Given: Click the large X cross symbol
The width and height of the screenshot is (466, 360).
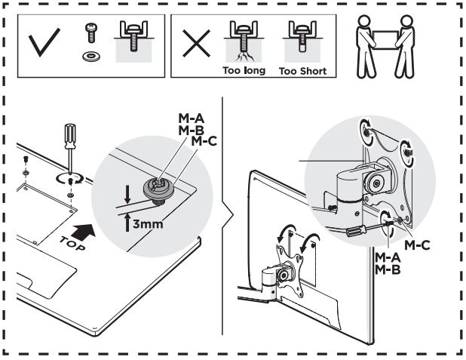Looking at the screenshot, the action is tap(197, 43).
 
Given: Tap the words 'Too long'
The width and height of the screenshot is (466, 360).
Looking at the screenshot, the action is tap(244, 70).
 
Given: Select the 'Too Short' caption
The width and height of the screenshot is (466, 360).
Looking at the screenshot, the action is tap(302, 71).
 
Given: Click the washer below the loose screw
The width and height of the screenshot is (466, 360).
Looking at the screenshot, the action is tap(91, 56).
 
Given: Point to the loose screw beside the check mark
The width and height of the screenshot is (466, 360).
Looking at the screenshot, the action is tap(91, 32).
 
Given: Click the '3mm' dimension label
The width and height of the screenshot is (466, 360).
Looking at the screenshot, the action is tap(148, 223).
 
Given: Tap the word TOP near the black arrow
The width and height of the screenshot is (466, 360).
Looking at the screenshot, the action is tap(73, 243).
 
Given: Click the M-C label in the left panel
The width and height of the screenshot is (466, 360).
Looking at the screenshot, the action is tap(204, 141).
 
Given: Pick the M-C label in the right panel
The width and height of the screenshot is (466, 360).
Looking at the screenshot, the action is tap(417, 245).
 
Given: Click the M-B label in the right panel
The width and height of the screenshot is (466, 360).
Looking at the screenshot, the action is tap(388, 269).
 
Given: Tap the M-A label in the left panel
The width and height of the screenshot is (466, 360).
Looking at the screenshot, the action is tap(191, 118).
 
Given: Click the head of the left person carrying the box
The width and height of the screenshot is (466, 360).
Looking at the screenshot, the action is tap(364, 21).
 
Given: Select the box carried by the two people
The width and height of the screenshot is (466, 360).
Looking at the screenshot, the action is tap(385, 39).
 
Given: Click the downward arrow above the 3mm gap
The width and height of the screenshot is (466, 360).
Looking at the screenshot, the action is tap(127, 194).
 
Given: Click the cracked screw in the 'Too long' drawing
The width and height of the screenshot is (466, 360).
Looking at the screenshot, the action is tap(244, 45).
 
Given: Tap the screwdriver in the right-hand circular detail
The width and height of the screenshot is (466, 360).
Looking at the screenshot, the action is tap(366, 227).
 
